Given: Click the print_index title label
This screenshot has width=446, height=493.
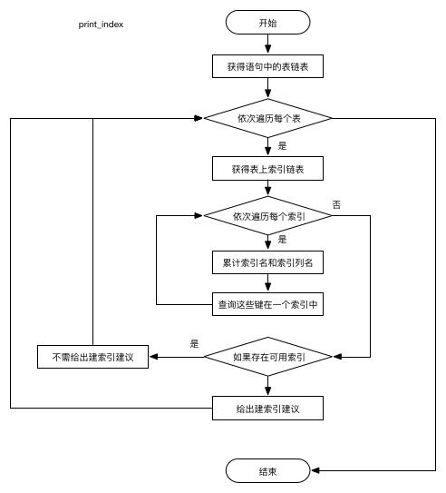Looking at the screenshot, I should pyautogui.click(x=100, y=25).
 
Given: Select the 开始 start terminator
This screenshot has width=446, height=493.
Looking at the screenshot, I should pyautogui.click(x=267, y=23).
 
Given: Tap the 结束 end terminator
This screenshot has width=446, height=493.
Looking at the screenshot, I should pyautogui.click(x=267, y=470).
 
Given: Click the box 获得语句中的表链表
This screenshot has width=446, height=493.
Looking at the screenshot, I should pyautogui.click(x=267, y=66).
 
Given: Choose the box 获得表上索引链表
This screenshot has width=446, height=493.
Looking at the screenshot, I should pyautogui.click(x=267, y=169).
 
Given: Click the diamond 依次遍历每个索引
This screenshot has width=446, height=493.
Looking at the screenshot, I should pyautogui.click(x=268, y=217).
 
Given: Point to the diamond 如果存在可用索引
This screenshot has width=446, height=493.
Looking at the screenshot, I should pyautogui.click(x=268, y=357).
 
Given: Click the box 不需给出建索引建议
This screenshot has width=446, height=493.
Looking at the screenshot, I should pyautogui.click(x=93, y=357).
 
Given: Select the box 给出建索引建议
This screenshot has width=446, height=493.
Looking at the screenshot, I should pyautogui.click(x=267, y=409).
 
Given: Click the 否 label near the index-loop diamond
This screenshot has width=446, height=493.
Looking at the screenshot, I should pyautogui.click(x=336, y=205).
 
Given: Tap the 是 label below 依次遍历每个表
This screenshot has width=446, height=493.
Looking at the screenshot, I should pyautogui.click(x=282, y=145).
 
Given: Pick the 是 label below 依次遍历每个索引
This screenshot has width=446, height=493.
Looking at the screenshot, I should pyautogui.click(x=282, y=240).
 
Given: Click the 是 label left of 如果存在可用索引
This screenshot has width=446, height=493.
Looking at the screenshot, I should pyautogui.click(x=194, y=344).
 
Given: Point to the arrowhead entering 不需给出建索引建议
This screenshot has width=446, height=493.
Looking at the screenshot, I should pyautogui.click(x=154, y=357).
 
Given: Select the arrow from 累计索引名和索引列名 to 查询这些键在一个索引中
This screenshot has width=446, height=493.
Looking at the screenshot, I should pyautogui.click(x=267, y=283).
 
